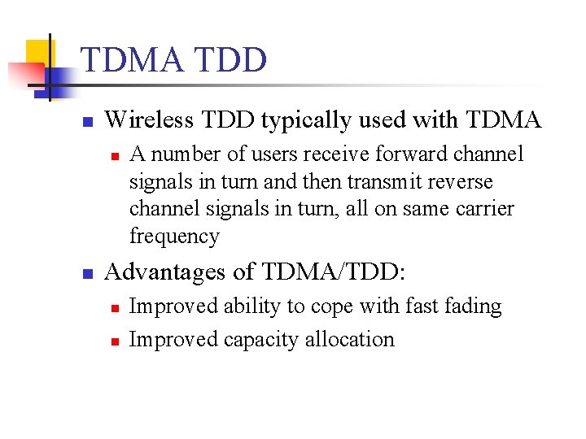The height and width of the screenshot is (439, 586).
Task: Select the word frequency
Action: tap(173, 237)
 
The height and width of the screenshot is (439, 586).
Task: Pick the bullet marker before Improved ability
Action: tap(115, 307)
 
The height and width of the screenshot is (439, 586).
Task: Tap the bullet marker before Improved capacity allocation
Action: tap(115, 341)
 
